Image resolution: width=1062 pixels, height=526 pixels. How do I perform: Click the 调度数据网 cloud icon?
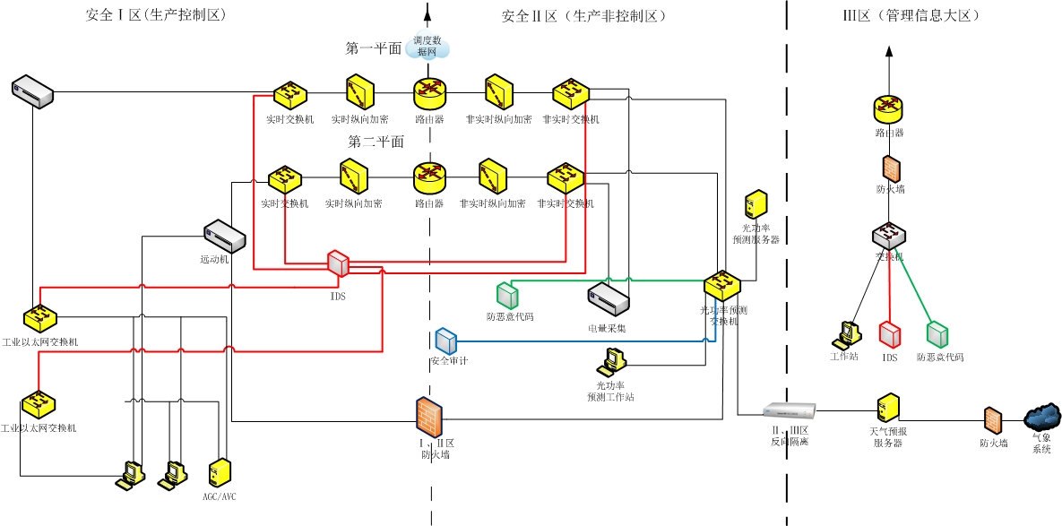(x=427, y=47)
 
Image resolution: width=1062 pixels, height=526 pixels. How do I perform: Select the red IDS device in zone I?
(x=338, y=263)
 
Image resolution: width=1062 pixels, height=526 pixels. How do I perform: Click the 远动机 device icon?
(x=224, y=236)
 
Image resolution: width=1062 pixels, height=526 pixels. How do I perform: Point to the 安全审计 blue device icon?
(x=445, y=341)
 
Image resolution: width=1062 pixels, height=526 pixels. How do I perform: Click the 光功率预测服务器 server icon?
(x=755, y=204)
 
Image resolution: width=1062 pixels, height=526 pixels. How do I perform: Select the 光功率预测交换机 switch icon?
(x=721, y=286)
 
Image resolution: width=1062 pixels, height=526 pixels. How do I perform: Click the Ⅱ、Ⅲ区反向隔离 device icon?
(x=789, y=411)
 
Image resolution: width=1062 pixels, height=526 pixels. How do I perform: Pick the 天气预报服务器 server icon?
(x=887, y=408)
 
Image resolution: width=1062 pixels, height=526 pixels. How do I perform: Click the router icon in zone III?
(x=889, y=108)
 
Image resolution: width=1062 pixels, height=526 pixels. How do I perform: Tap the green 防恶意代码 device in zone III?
(x=938, y=334)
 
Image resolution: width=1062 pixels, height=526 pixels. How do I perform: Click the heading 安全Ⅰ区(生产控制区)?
(x=154, y=16)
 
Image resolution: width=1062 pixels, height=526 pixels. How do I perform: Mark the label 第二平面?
(x=376, y=142)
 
